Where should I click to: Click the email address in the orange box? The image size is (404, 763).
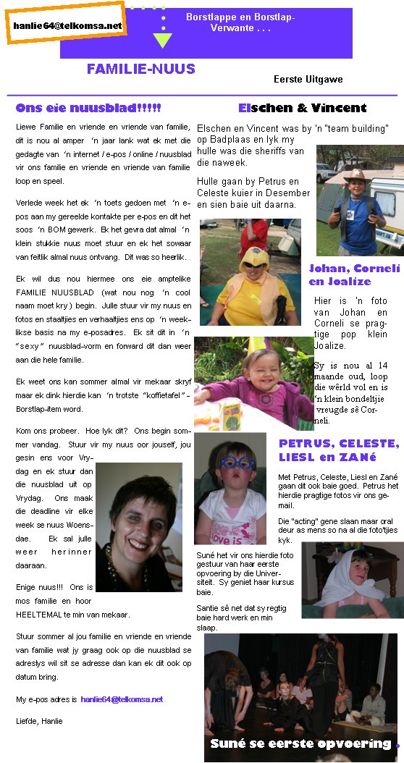[67, 25]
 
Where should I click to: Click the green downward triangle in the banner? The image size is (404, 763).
[163, 40]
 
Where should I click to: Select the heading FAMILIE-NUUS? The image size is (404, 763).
[141, 69]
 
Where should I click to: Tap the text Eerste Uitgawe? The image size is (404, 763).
[308, 79]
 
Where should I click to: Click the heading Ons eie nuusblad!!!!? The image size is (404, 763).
[88, 109]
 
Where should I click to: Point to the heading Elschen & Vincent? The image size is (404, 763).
[302, 109]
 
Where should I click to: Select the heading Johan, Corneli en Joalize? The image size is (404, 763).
[354, 274]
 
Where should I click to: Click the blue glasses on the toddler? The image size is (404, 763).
[230, 463]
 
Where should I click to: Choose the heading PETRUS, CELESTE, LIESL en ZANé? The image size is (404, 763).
[339, 450]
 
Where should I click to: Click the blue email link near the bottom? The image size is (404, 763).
[122, 699]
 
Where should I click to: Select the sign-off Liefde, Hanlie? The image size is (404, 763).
[39, 721]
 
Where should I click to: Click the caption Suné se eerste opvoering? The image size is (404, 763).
[300, 743]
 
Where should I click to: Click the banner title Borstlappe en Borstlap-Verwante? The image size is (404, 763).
[240, 22]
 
